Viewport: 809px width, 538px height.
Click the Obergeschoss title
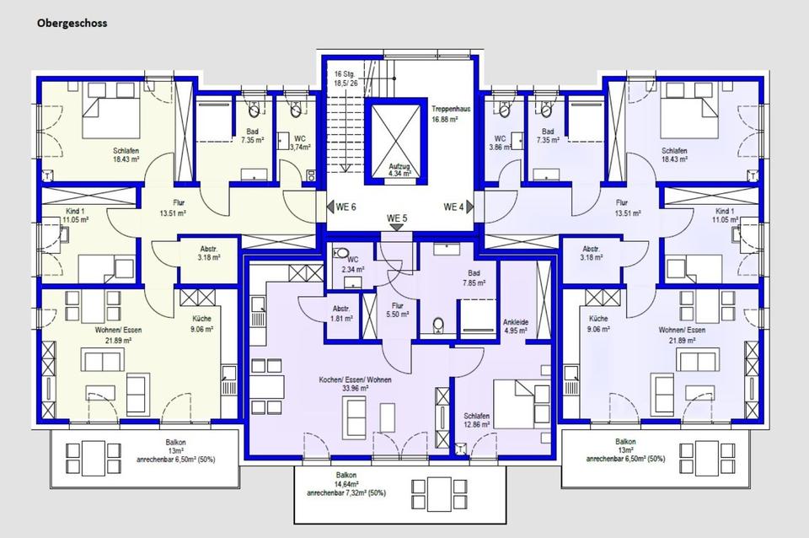point(72,23)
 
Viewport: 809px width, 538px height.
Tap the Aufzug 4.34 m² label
point(399,169)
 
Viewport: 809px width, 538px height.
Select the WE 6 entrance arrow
point(330,207)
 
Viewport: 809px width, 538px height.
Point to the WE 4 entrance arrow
point(470,207)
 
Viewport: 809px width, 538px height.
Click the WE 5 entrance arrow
point(397,227)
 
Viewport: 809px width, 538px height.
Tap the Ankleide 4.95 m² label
point(516,326)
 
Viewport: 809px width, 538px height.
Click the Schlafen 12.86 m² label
point(476,420)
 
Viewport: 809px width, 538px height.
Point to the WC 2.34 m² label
point(353,264)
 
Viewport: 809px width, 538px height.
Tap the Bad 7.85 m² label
point(474,277)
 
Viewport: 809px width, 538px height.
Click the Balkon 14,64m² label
point(346,484)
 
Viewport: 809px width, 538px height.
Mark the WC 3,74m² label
point(299,143)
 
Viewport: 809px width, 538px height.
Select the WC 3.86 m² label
point(500,143)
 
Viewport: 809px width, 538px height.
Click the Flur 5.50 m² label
point(397,309)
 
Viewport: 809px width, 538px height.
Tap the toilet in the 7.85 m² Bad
point(438,325)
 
